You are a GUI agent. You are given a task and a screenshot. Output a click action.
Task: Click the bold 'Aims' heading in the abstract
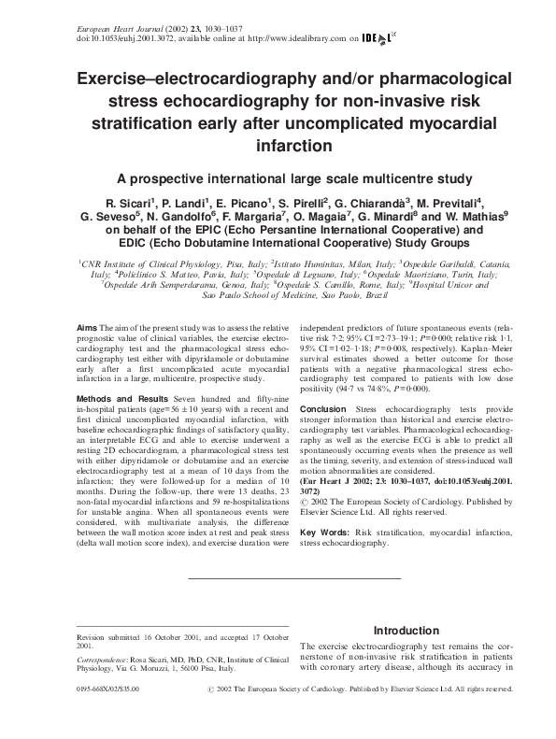pos(87,329)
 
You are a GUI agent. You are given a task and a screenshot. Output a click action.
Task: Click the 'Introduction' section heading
pos(406,631)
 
